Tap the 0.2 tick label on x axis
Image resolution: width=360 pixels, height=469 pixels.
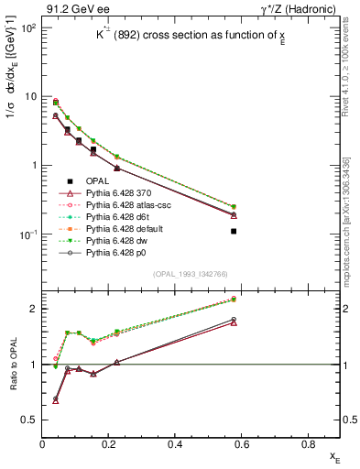point(110,444)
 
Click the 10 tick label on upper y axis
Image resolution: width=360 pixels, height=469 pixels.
point(30,96)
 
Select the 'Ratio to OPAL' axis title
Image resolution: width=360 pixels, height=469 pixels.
point(12,364)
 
